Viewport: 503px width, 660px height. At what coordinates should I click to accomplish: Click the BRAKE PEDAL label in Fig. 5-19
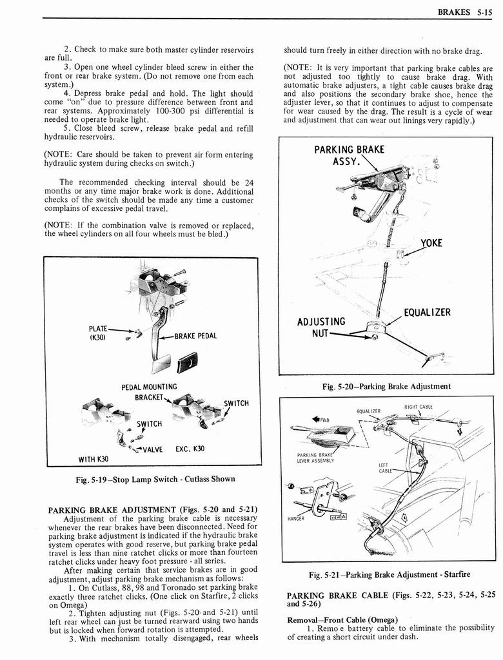point(196,336)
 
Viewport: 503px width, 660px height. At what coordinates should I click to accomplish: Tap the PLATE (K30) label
point(98,333)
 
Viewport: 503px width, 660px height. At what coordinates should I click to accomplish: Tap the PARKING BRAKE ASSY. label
point(349,155)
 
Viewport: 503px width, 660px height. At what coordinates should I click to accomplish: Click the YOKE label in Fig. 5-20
point(431,244)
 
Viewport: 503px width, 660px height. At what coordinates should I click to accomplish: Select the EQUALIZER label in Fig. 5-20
point(427,313)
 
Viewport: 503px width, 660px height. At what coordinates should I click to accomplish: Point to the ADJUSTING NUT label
point(321,327)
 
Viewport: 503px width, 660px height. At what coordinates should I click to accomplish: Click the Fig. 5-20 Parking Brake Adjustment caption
point(386,387)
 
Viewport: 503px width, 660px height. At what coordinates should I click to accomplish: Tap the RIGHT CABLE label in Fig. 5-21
point(419,407)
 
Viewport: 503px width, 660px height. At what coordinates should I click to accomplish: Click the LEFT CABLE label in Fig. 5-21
point(386,467)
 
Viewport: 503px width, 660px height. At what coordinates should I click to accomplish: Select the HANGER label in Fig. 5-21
point(296,518)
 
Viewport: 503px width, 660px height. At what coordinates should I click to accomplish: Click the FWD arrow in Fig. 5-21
point(320,420)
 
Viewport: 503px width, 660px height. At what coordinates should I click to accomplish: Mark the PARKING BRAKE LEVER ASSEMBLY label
point(315,458)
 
